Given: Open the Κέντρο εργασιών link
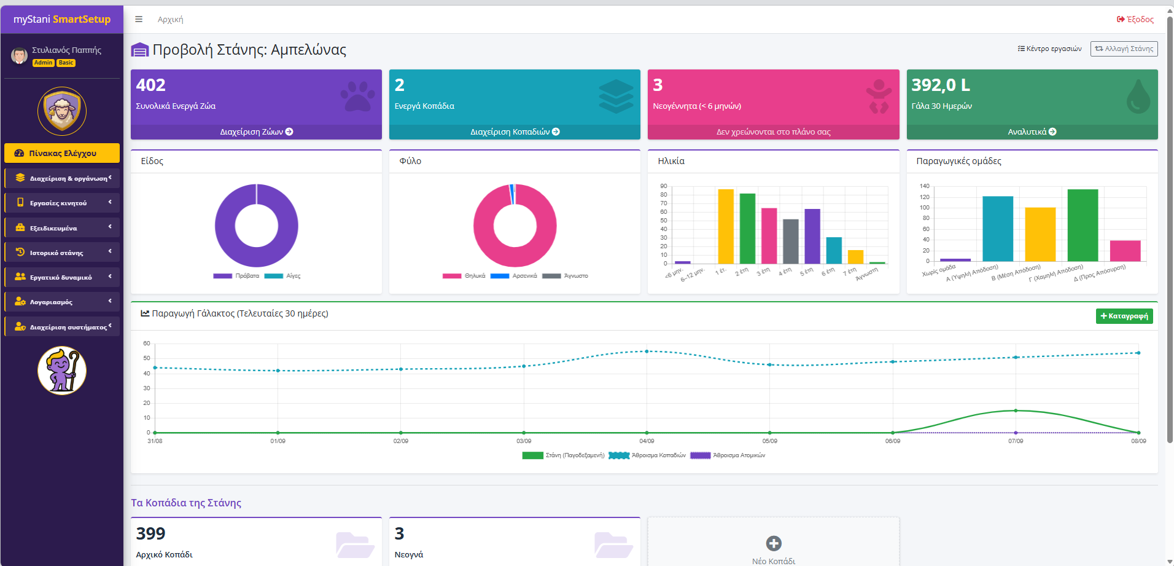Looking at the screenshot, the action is (x=1049, y=49).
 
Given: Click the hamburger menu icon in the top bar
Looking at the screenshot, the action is (x=139, y=19).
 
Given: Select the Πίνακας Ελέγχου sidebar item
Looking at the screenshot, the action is (x=62, y=153).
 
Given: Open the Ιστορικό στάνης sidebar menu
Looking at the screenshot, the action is (x=62, y=252).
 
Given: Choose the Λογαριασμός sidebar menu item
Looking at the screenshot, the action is (x=62, y=302).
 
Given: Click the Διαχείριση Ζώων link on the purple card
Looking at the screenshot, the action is (x=256, y=132).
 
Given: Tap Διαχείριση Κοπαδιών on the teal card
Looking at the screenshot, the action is (x=515, y=132).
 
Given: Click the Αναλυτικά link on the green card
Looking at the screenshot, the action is (x=1032, y=132).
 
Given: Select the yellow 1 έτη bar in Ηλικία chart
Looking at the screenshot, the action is (x=726, y=226).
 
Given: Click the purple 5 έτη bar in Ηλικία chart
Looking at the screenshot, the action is (x=812, y=236).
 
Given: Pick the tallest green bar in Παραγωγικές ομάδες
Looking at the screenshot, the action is (x=1083, y=226).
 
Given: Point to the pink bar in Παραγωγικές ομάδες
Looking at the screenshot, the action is (x=1125, y=251).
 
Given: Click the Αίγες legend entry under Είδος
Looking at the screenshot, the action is (x=282, y=276).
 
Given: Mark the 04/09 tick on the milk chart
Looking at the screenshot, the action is (x=647, y=441).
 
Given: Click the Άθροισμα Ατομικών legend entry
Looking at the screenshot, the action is (x=728, y=455).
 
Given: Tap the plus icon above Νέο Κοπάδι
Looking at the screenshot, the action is (x=774, y=543).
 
